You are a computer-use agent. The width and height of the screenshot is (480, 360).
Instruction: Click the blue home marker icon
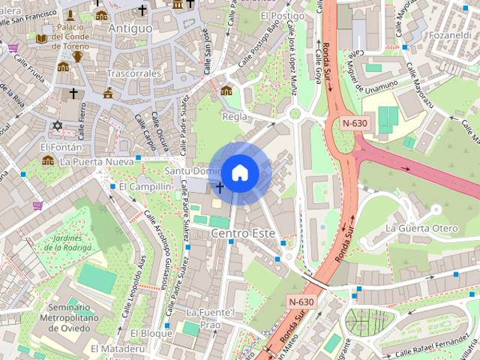click(239, 172)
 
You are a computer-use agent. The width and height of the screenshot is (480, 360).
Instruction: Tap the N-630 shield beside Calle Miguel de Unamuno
click(355, 123)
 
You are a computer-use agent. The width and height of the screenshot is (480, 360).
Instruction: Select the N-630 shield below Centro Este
click(302, 301)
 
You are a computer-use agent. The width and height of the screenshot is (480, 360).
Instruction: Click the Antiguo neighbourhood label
click(130, 28)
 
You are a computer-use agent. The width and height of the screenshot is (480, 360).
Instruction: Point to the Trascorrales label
click(134, 74)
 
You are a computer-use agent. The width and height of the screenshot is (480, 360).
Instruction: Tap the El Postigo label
click(282, 16)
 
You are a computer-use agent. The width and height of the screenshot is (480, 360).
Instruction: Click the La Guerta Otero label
click(421, 228)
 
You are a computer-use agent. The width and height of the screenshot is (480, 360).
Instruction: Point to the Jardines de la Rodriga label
click(72, 242)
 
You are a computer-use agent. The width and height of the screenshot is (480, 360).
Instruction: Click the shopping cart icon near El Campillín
click(37, 205)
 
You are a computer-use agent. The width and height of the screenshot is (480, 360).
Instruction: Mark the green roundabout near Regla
click(295, 113)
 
